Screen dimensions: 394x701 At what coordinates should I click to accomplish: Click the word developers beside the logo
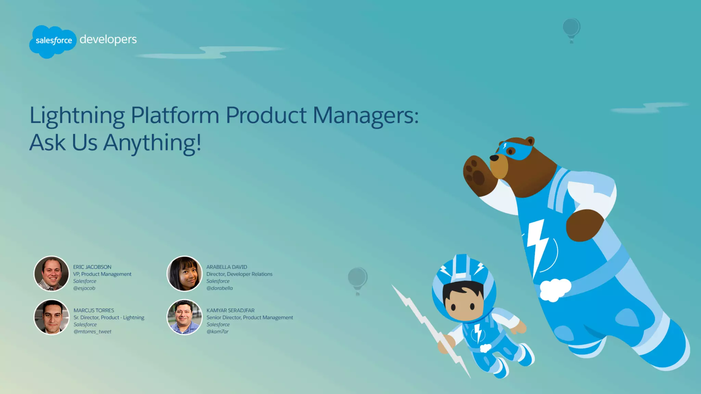(108, 39)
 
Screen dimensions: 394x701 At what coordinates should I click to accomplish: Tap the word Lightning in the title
(77, 115)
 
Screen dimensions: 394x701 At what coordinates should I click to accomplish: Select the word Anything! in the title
(152, 143)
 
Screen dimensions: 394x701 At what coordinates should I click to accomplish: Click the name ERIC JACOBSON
(92, 267)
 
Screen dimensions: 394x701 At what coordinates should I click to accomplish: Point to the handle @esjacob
(84, 288)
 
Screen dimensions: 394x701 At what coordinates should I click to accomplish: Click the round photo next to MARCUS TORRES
(51, 317)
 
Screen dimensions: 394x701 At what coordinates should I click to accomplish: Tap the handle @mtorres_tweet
(92, 332)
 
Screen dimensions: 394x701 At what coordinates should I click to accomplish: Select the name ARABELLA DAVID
(227, 267)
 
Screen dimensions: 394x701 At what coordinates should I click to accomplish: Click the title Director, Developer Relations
(239, 274)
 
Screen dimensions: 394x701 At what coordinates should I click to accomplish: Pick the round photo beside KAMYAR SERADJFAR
(184, 317)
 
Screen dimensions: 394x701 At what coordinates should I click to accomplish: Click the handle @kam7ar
(217, 332)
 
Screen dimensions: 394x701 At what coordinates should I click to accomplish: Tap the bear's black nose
(494, 158)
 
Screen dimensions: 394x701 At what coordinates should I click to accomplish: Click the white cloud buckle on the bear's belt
(555, 289)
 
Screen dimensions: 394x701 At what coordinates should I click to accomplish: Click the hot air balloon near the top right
(571, 29)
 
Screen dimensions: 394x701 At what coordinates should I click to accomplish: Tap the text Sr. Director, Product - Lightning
(109, 318)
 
